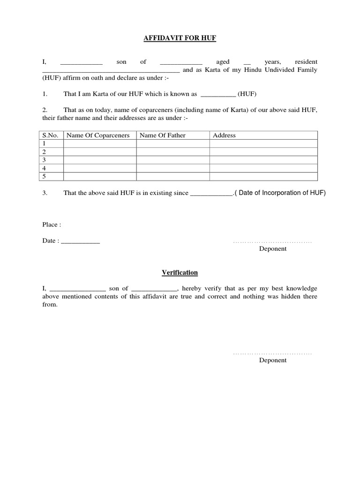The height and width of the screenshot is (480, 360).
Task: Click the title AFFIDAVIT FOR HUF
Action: click(180, 38)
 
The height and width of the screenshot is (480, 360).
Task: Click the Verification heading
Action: click(180, 272)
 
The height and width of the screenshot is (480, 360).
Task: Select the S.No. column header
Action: click(50, 135)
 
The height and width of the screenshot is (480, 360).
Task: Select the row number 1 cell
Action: click(50, 143)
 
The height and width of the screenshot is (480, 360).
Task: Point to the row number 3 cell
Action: click(50, 160)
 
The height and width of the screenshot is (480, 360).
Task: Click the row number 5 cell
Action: click(50, 176)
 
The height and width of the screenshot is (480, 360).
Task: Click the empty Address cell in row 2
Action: click(263, 152)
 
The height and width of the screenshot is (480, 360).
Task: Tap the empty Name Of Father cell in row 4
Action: click(172, 168)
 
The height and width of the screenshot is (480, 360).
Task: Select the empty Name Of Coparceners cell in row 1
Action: click(99, 143)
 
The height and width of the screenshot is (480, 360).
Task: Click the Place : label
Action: click(52, 225)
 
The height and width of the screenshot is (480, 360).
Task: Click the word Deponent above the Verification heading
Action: click(273, 249)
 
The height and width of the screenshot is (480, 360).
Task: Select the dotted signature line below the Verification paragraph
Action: click(272, 353)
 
